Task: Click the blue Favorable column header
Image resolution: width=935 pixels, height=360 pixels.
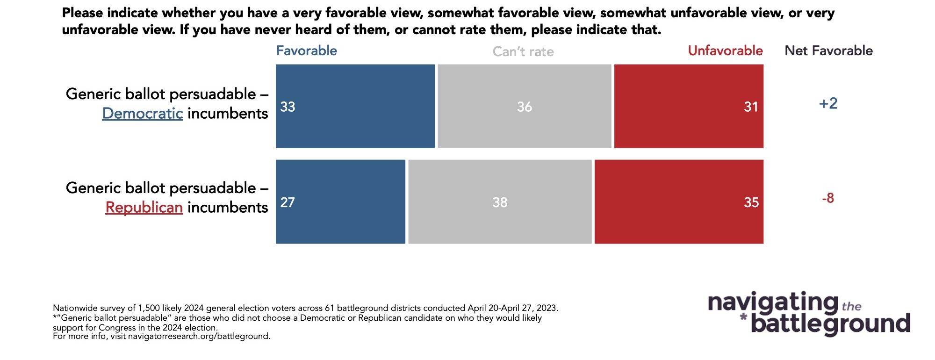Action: tap(306, 50)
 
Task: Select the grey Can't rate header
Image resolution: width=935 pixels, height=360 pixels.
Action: tap(523, 51)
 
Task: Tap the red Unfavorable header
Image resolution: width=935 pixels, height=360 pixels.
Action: tap(725, 50)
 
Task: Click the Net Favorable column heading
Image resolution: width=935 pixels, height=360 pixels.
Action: tap(828, 50)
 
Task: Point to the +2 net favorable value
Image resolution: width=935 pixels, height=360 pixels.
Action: tap(828, 103)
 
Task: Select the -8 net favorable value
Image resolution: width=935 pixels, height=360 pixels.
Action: tap(827, 198)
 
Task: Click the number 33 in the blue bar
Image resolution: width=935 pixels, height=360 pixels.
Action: tap(288, 107)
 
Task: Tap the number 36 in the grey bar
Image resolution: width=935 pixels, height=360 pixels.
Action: tap(524, 107)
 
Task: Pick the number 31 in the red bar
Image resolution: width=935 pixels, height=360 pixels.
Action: tap(750, 107)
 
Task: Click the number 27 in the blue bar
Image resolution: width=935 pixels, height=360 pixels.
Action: tap(288, 202)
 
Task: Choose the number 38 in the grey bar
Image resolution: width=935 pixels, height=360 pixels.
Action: tap(499, 202)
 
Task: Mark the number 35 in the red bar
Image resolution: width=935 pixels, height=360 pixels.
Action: tap(751, 202)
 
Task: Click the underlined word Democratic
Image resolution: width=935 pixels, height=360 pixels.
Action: tap(143, 114)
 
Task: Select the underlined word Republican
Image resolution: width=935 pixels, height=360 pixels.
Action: tap(144, 208)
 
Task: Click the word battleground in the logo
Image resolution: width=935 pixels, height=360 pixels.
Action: tap(830, 324)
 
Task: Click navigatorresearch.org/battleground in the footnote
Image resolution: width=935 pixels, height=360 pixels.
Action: tap(199, 336)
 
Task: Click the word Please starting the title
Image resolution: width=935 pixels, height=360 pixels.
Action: tap(82, 13)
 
